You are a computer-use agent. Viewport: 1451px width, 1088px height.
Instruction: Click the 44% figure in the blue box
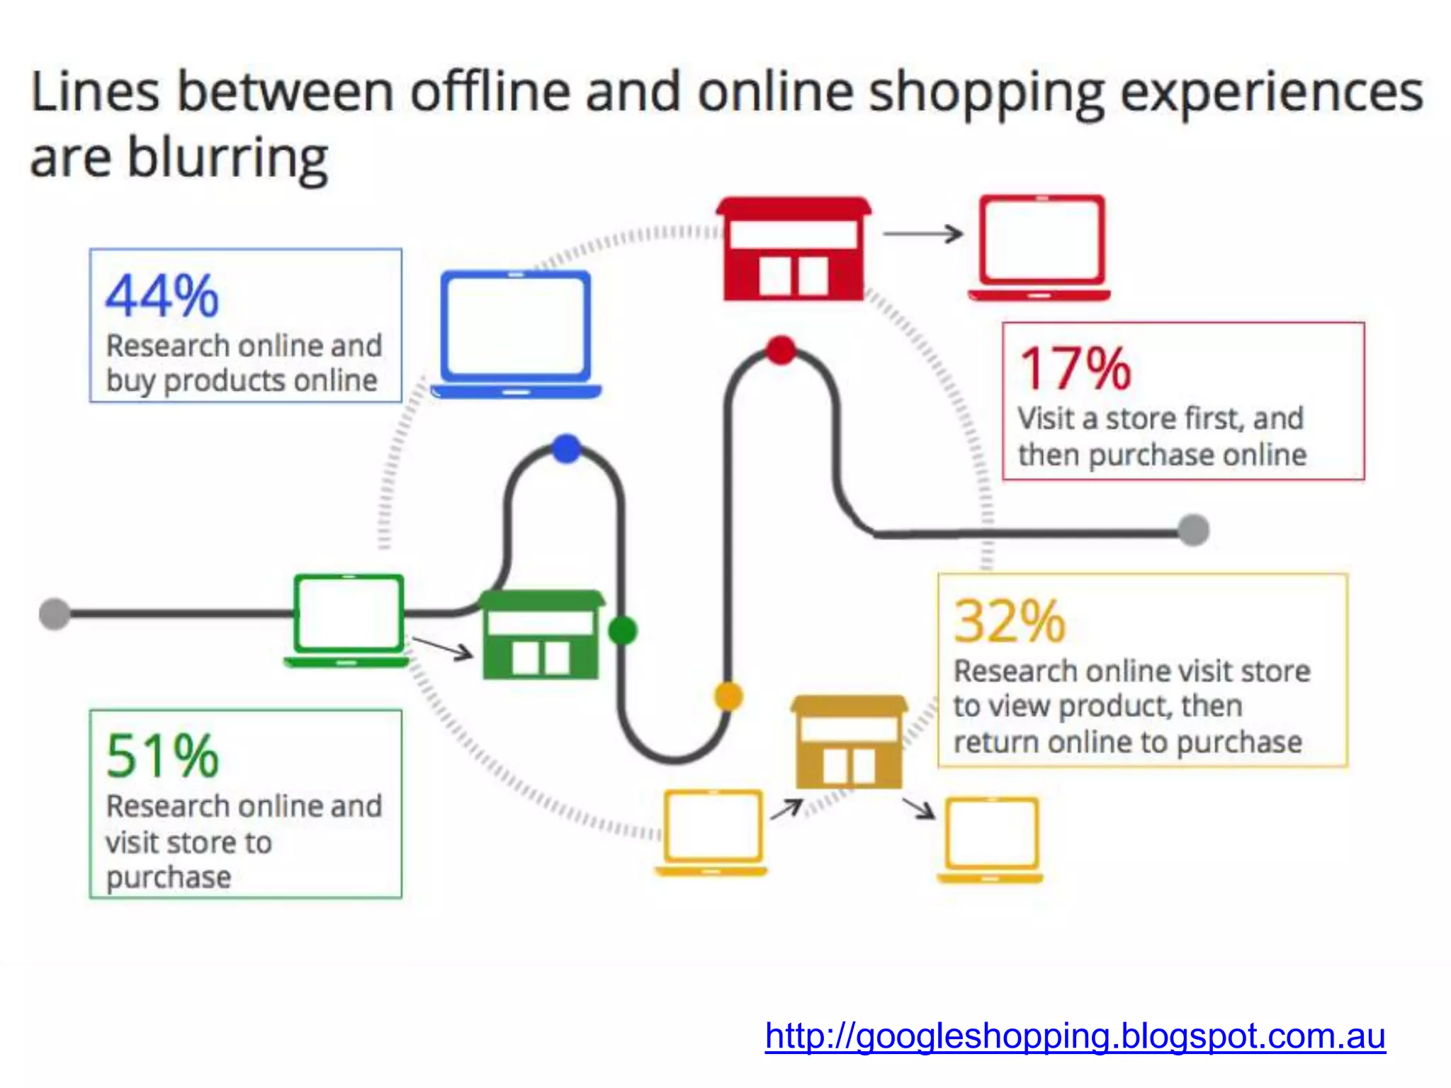162,296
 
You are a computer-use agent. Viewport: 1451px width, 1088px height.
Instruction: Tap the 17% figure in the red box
1075,369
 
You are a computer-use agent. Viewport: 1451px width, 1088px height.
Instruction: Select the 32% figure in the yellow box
1010,622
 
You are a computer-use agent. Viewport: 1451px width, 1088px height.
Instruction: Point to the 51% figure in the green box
162,756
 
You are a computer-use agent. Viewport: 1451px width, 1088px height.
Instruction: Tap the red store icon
794,249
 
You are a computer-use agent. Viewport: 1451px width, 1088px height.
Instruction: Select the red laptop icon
1040,248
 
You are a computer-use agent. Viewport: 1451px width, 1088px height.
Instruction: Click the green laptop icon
348,620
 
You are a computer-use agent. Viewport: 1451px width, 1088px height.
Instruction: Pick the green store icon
541,635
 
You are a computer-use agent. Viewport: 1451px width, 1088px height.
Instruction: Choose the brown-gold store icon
849,742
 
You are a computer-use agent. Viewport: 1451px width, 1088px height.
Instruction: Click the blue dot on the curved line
566,449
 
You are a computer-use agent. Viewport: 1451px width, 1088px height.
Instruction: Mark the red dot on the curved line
781,350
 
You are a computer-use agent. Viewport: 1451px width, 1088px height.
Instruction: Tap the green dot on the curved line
623,630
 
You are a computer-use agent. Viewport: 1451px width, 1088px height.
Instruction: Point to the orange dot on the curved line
728,696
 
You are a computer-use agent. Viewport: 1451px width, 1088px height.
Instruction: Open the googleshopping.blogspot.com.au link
1075,1036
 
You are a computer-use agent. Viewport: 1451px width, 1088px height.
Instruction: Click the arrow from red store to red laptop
922,234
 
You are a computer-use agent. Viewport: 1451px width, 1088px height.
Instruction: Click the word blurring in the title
227,158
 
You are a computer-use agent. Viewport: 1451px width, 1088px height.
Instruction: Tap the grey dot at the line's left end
55,613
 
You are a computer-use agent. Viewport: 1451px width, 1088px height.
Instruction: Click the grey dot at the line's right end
1194,531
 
